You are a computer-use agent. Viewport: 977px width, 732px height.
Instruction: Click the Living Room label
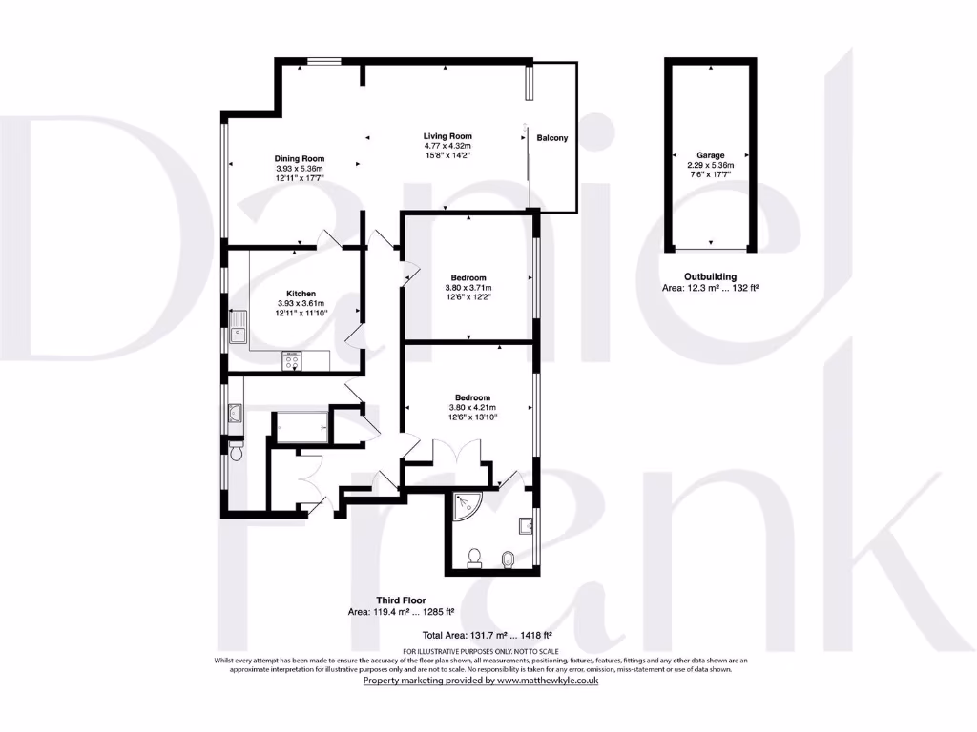click(447, 136)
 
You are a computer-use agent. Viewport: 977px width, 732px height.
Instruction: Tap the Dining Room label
click(300, 159)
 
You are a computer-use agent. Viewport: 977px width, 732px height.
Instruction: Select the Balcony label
click(551, 138)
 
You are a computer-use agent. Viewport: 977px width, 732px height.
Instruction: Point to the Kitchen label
click(301, 294)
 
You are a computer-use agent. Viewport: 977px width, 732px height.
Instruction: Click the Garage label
click(710, 155)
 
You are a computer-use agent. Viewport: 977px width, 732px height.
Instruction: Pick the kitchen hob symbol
click(290, 359)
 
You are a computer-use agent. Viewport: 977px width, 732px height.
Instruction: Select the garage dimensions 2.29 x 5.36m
click(710, 165)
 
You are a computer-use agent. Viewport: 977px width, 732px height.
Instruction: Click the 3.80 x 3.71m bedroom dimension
click(468, 288)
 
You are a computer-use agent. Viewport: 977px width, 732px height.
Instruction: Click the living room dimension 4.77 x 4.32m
click(447, 146)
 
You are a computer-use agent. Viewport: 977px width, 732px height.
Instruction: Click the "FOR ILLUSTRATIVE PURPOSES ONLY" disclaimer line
click(479, 650)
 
